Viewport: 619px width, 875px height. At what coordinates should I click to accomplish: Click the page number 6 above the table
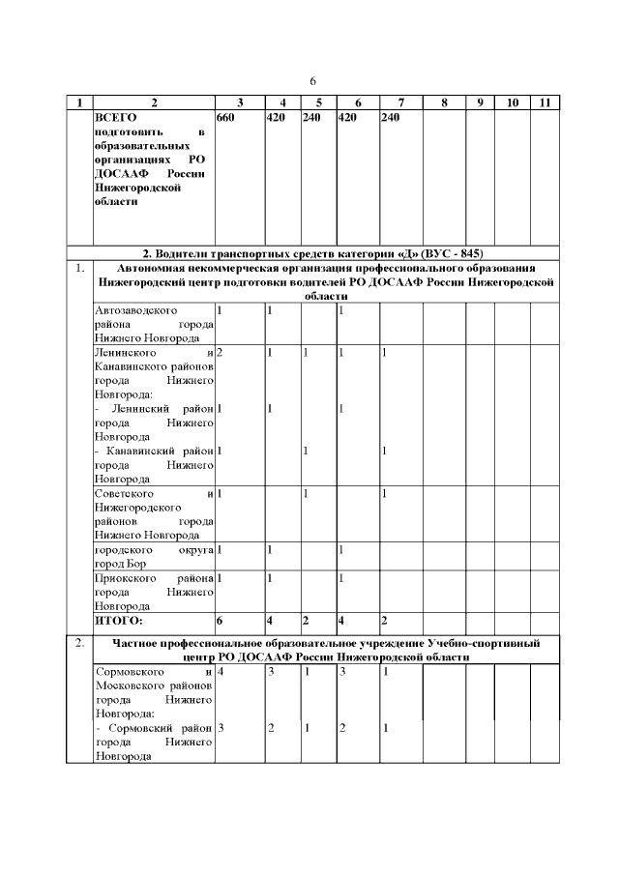click(x=312, y=80)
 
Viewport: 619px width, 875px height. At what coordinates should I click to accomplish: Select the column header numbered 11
click(x=545, y=102)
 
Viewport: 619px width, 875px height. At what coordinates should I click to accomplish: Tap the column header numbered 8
click(x=443, y=102)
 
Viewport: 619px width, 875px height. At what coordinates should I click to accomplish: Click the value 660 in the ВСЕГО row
click(x=225, y=117)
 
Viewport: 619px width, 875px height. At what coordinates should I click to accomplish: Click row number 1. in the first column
click(x=78, y=268)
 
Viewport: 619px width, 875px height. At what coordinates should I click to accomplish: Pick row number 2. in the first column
click(x=78, y=642)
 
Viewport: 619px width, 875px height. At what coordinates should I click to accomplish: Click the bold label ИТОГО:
click(x=118, y=619)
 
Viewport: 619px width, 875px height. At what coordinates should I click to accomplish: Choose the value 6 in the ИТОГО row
click(x=220, y=619)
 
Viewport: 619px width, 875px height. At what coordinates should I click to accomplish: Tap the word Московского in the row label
click(x=130, y=683)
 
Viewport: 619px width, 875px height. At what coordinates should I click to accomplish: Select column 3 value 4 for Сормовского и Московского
click(x=221, y=669)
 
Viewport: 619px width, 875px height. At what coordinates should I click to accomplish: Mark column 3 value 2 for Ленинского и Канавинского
click(x=221, y=353)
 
